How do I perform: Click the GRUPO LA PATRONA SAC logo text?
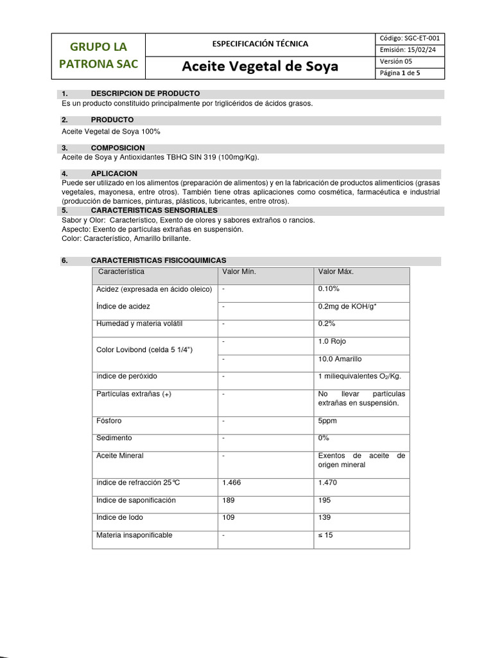[x=98, y=55]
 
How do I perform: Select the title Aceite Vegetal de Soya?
[x=260, y=67]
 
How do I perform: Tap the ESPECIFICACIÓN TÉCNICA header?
[x=260, y=44]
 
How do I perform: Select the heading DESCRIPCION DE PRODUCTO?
[x=145, y=94]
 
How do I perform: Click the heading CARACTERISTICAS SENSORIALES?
[x=154, y=210]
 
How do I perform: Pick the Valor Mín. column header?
[x=239, y=272]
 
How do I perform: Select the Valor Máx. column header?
[x=336, y=272]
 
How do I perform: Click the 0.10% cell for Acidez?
[x=329, y=289]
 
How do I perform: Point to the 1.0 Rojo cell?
[x=332, y=341]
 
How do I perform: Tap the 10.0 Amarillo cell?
[x=340, y=359]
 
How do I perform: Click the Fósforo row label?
[x=108, y=421]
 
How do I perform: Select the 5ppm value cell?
[x=327, y=421]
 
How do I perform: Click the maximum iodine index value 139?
[x=324, y=517]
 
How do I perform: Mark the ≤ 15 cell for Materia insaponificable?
[x=325, y=535]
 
